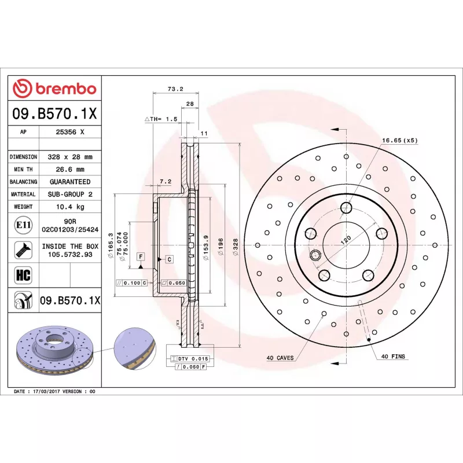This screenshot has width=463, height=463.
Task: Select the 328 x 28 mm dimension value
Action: pos(70,157)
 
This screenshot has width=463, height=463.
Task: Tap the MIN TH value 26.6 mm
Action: pos(70,170)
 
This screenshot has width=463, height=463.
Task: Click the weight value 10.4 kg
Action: pos(70,207)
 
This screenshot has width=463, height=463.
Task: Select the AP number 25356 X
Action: pos(70,132)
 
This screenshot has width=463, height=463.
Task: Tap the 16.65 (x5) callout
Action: pos(399,141)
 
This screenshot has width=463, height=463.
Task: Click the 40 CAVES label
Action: pos(280,357)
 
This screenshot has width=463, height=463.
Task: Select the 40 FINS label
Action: pos(393,357)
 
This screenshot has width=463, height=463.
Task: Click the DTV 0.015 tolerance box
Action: pos(191,359)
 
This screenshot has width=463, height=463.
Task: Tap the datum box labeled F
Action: pos(141,256)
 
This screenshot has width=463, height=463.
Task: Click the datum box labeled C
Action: pos(169,259)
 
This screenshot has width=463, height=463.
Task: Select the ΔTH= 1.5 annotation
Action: pos(160,119)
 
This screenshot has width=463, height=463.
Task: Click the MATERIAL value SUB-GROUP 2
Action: pos(70,194)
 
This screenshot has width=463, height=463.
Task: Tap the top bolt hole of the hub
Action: pos(346,208)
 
